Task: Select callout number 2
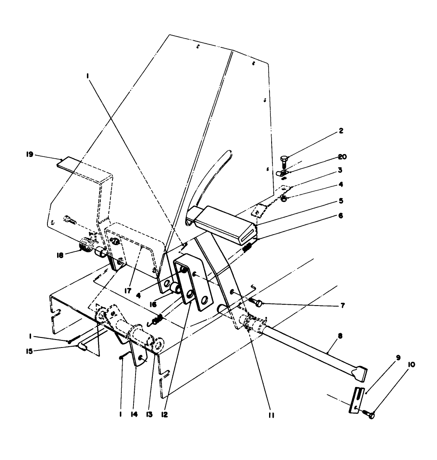tap(341, 131)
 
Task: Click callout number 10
tap(411, 365)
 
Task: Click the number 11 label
tap(271, 415)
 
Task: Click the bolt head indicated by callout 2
tap(283, 159)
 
